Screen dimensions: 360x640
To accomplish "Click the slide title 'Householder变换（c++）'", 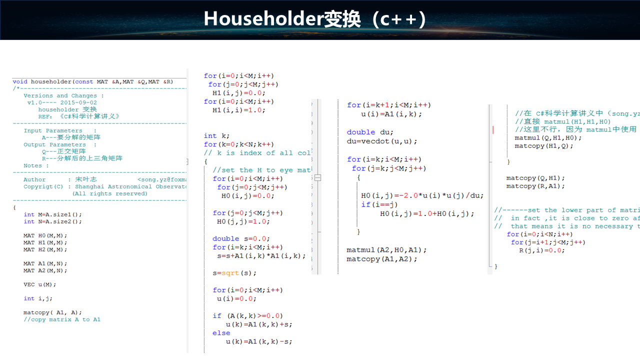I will (x=314, y=19).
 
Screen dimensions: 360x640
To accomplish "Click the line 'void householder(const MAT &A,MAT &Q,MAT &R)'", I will (x=93, y=81).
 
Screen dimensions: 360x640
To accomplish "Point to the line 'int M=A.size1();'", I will (x=52, y=214).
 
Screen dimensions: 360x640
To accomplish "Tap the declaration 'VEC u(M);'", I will (x=40, y=284).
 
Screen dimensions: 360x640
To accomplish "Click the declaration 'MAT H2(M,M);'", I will (x=45, y=249).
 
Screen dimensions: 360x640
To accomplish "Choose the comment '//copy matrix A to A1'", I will (x=62, y=319).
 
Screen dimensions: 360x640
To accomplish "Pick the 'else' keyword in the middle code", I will (x=221, y=333).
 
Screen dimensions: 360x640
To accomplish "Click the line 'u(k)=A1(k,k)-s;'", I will (x=258, y=341).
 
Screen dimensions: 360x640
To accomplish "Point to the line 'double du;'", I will (x=370, y=132).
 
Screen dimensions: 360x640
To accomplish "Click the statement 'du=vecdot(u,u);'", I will (x=382, y=141).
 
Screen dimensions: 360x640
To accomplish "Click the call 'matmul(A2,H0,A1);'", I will (x=386, y=249).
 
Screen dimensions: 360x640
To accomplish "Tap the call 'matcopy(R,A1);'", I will (x=535, y=186).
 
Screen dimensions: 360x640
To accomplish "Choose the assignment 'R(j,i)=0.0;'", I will (x=541, y=250).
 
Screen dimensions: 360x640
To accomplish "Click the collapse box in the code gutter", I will (x=317, y=177).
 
